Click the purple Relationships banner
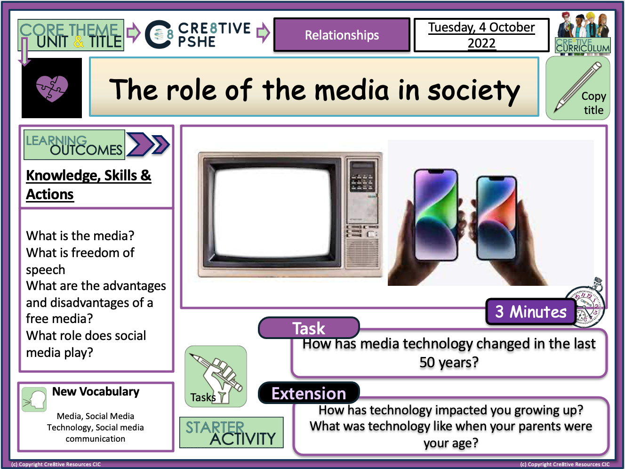(x=342, y=35)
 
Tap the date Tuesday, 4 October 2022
(x=481, y=35)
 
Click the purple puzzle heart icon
(x=52, y=88)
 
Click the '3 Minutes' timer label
(x=530, y=312)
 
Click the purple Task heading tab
(x=309, y=328)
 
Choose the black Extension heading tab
(x=309, y=393)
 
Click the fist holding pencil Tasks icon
(x=216, y=376)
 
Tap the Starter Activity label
(x=232, y=433)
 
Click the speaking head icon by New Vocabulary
(x=34, y=400)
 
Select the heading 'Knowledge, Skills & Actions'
(x=88, y=185)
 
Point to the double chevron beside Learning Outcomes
(x=148, y=145)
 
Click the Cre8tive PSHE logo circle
(x=159, y=35)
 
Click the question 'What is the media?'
(x=80, y=235)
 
